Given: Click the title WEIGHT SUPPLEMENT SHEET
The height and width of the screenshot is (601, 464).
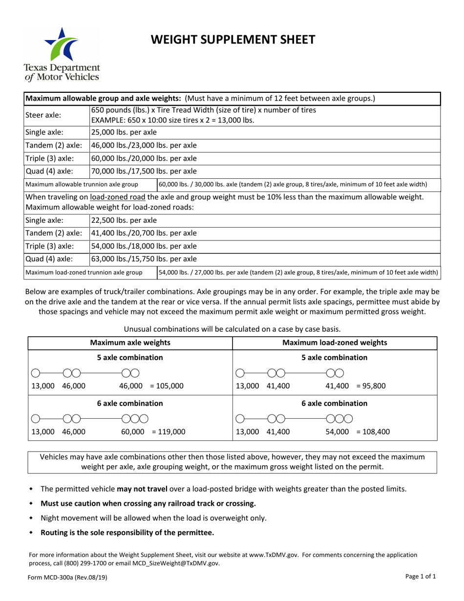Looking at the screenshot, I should pyautogui.click(x=232, y=39).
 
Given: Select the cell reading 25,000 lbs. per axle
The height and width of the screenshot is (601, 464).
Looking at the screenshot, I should pyautogui.click(x=124, y=132).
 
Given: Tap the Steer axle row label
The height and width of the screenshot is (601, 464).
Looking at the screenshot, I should pyautogui.click(x=43, y=115).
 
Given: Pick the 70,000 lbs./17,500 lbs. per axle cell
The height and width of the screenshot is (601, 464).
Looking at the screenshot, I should pyautogui.click(x=144, y=171).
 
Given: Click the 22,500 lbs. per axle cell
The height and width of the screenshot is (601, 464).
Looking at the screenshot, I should pyautogui.click(x=124, y=220).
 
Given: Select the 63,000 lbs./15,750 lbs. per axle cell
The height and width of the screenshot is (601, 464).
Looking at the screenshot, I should pyautogui.click(x=144, y=259).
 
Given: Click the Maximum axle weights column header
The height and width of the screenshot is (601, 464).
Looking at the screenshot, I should pyautogui.click(x=130, y=343).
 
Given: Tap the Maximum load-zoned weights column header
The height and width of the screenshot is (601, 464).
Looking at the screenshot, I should pyautogui.click(x=335, y=343).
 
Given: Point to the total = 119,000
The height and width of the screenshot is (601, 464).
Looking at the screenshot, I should pyautogui.click(x=169, y=431).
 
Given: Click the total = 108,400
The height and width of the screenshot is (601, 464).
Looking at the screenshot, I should pyautogui.click(x=373, y=431).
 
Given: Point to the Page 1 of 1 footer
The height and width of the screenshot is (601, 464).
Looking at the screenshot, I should pyautogui.click(x=420, y=577).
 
